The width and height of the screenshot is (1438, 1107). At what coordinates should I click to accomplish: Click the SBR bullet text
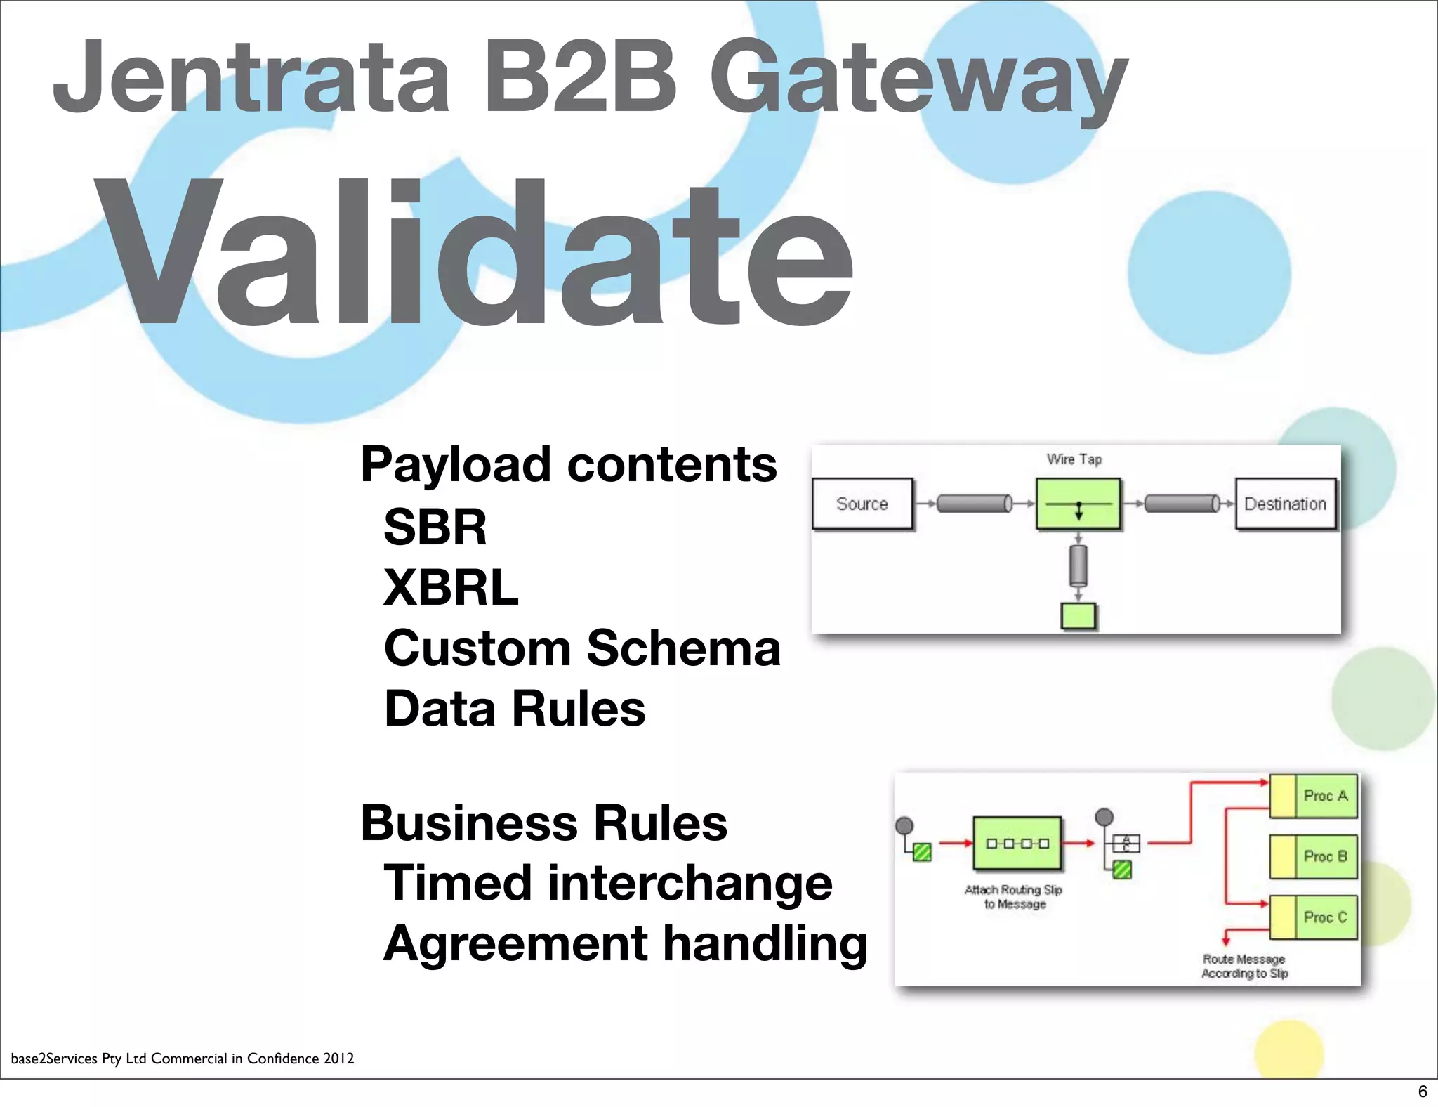(435, 527)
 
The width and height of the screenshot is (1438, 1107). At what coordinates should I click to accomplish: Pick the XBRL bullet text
(451, 587)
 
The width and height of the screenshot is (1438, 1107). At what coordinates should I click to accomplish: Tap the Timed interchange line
(608, 883)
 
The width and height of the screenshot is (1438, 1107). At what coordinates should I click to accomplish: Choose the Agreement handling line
(626, 943)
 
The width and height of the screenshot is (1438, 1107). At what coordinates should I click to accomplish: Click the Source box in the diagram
(862, 504)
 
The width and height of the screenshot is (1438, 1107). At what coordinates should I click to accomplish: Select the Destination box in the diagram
(1285, 504)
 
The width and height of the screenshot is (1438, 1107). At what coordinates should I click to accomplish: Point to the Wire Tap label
(1074, 459)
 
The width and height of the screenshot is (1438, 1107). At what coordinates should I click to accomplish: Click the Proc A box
(1314, 796)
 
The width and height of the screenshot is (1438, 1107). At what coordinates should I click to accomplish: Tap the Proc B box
(1314, 856)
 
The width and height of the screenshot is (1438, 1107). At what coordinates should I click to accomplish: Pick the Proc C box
(1314, 917)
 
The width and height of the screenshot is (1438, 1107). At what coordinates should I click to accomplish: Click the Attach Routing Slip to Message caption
(1014, 897)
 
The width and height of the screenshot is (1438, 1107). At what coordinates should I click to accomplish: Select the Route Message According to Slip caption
(1244, 966)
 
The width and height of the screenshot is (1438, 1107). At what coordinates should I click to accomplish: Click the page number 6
(1423, 1091)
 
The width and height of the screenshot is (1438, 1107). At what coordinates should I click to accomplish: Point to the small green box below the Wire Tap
(1078, 616)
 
